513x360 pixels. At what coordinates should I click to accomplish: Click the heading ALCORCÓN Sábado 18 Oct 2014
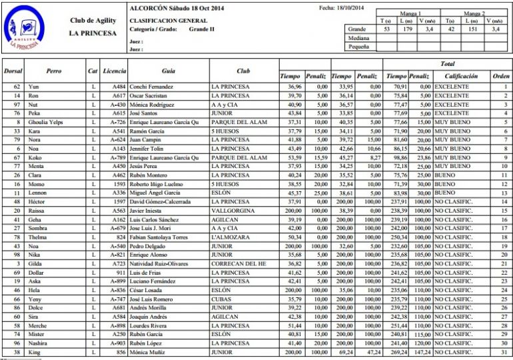[x=177, y=9]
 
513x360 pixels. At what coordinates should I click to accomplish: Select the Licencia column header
[x=115, y=70]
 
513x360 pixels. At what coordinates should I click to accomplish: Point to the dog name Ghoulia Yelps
[x=45, y=123]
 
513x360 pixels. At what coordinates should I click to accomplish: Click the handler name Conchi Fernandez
[x=151, y=87]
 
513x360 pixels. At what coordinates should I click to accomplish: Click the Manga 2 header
[x=474, y=13]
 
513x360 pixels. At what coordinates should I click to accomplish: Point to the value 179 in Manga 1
[x=407, y=29]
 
